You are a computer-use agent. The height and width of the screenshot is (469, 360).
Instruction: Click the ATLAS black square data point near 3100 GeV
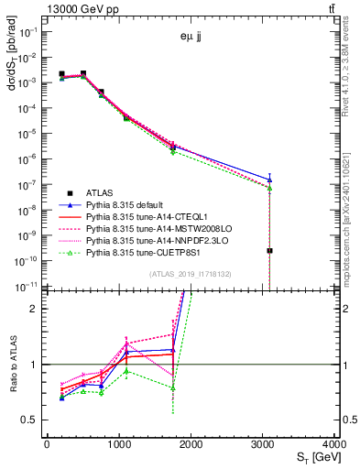point(269,250)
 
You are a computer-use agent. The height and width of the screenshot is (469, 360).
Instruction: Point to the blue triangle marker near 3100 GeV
point(269,180)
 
